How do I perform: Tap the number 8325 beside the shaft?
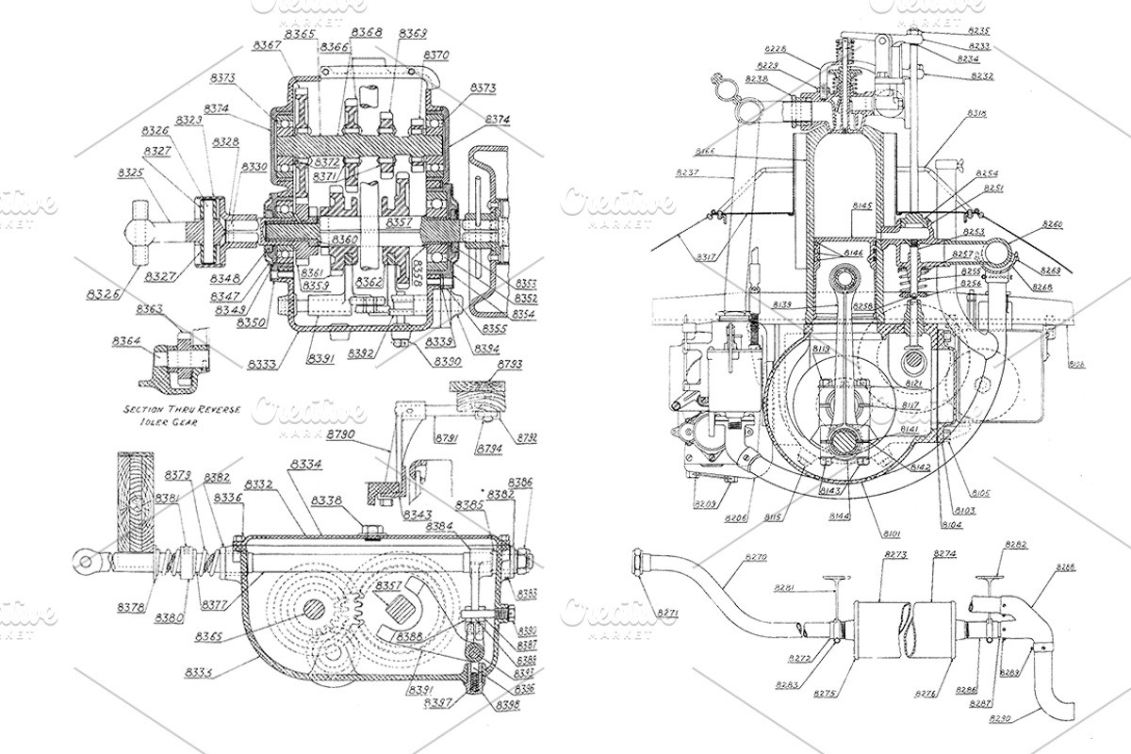click(x=132, y=173)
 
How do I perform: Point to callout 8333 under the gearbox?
click(x=263, y=363)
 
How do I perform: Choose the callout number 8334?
click(x=305, y=465)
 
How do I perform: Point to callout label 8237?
click(x=688, y=172)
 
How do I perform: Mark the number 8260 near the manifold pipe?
click(x=1052, y=225)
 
